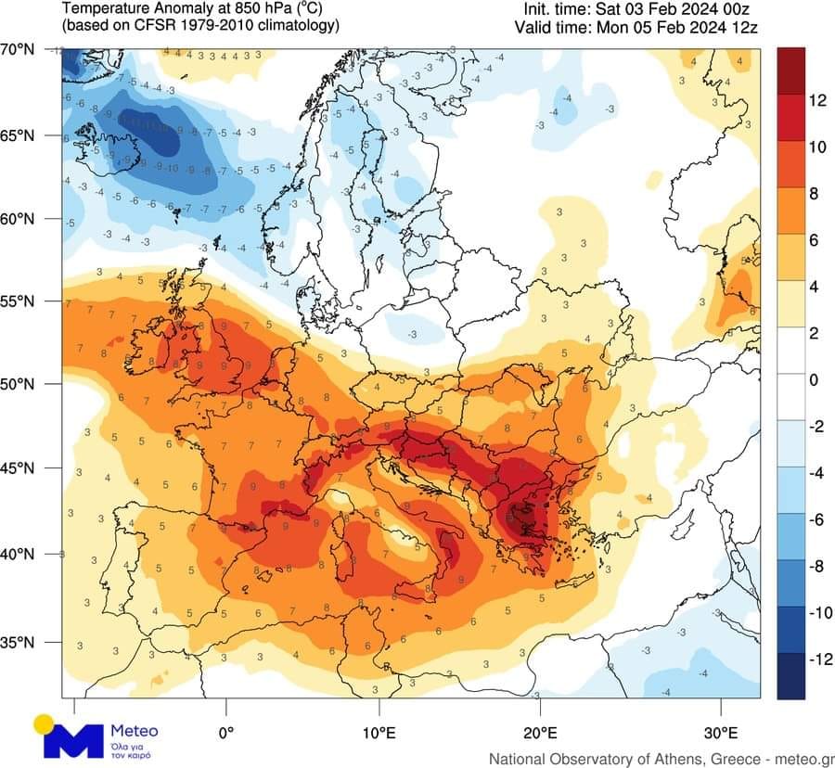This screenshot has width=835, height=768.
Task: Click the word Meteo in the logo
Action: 134,731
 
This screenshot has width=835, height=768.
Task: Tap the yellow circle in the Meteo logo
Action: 43,723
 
